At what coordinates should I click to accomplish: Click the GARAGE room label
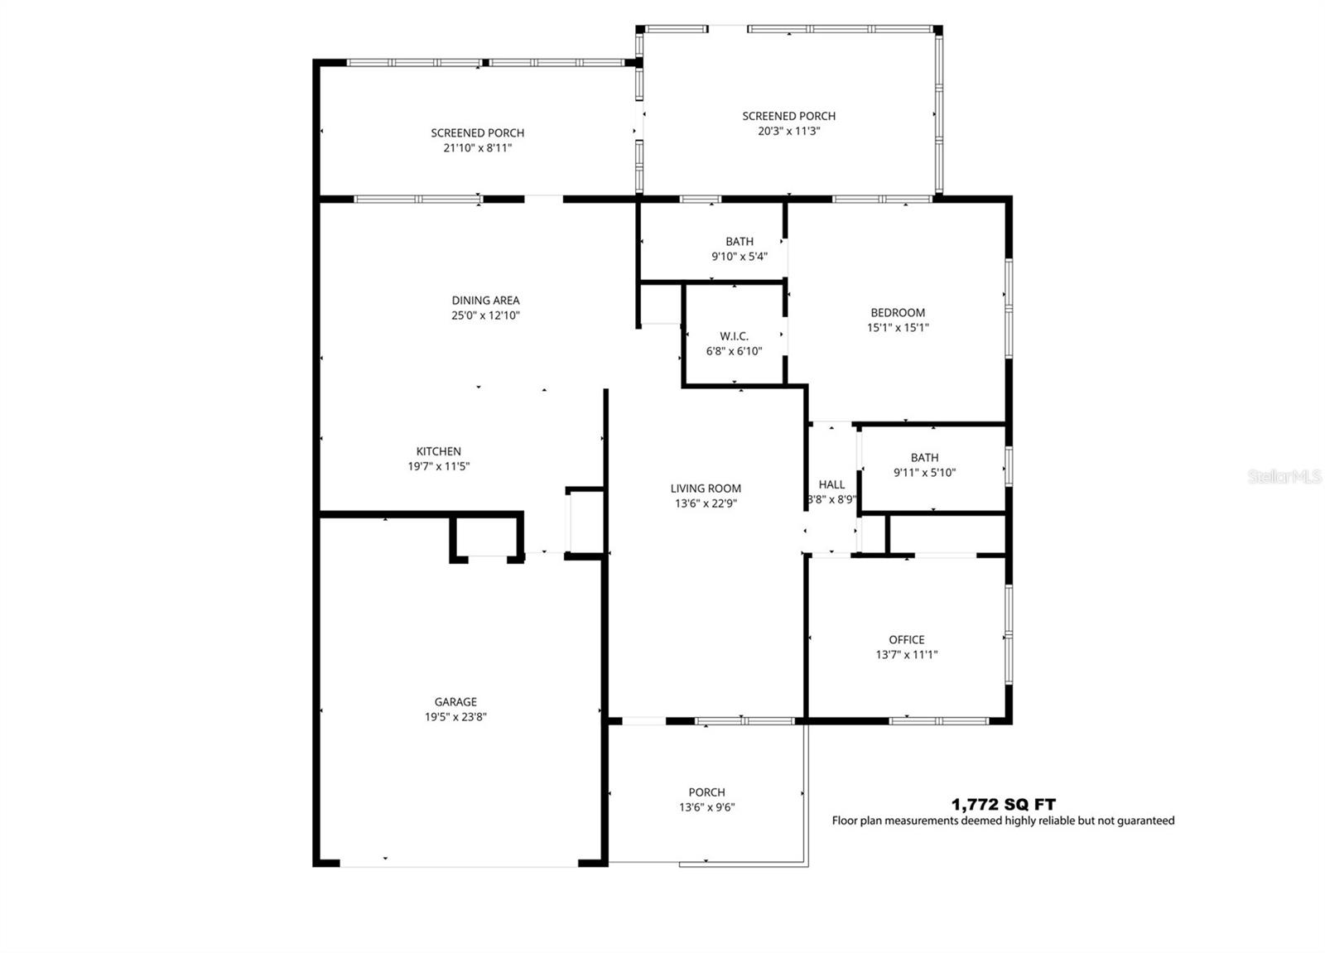point(455,702)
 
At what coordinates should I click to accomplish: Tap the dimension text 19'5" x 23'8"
point(455,717)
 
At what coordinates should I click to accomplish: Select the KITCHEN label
point(438,451)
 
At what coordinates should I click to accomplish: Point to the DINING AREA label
point(485,301)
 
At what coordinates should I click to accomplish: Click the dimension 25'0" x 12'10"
point(485,315)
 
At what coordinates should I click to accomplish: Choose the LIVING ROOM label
point(706,489)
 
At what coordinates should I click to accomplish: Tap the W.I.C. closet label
point(734,336)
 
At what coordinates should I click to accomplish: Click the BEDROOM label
point(898,313)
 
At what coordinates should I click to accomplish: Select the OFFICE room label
point(906,640)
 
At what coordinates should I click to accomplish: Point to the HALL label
point(831,485)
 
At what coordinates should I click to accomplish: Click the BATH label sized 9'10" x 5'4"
point(740,242)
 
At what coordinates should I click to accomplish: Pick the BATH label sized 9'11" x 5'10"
point(924,458)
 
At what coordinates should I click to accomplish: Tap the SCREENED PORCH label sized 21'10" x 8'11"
point(477,133)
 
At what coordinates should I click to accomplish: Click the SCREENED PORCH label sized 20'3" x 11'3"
point(788,117)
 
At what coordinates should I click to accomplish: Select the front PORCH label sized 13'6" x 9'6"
point(706,792)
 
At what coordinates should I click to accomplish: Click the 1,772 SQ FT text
point(1003,804)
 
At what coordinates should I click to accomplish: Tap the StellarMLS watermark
point(1284,477)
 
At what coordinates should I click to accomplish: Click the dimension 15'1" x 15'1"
point(898,328)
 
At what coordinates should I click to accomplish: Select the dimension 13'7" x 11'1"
point(906,655)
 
